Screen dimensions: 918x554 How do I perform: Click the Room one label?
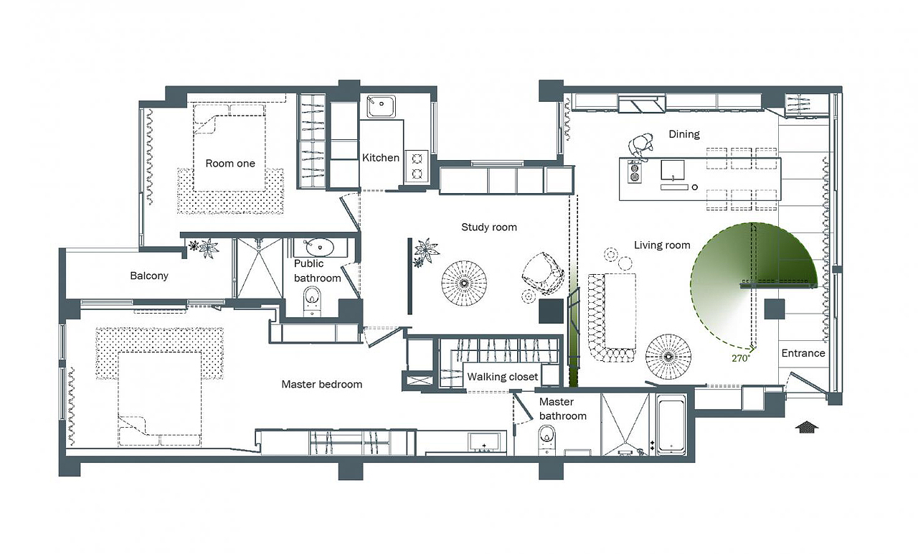click(230, 163)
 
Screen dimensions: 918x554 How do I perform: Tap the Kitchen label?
click(380, 157)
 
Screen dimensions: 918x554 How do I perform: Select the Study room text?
click(489, 227)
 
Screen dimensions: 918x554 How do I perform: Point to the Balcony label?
click(149, 276)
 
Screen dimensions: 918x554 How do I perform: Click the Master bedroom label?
click(322, 384)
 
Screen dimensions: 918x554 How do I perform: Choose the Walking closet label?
click(503, 377)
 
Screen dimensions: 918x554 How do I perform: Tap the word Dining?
click(684, 134)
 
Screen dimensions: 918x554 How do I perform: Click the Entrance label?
click(803, 353)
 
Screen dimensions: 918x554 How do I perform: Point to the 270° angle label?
click(741, 358)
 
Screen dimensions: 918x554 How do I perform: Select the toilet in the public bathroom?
click(313, 301)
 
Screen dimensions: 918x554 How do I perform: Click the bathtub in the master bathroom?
click(671, 424)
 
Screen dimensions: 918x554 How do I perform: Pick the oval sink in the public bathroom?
click(320, 248)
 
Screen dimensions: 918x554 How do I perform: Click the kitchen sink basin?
click(381, 106)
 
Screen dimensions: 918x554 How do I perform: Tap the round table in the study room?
click(464, 283)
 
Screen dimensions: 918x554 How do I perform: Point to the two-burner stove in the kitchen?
click(417, 166)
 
